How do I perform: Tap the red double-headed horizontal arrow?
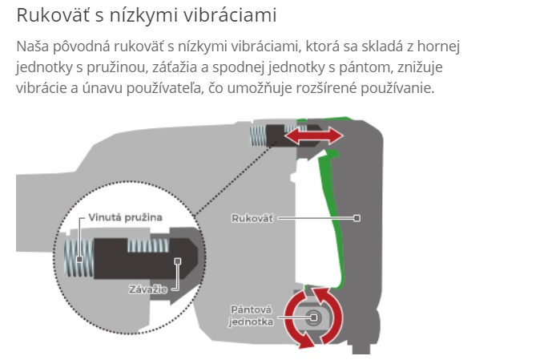[316, 137]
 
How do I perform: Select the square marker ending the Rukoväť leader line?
[357, 217]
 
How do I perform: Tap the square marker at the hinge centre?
[312, 318]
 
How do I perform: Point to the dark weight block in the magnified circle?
[136, 260]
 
